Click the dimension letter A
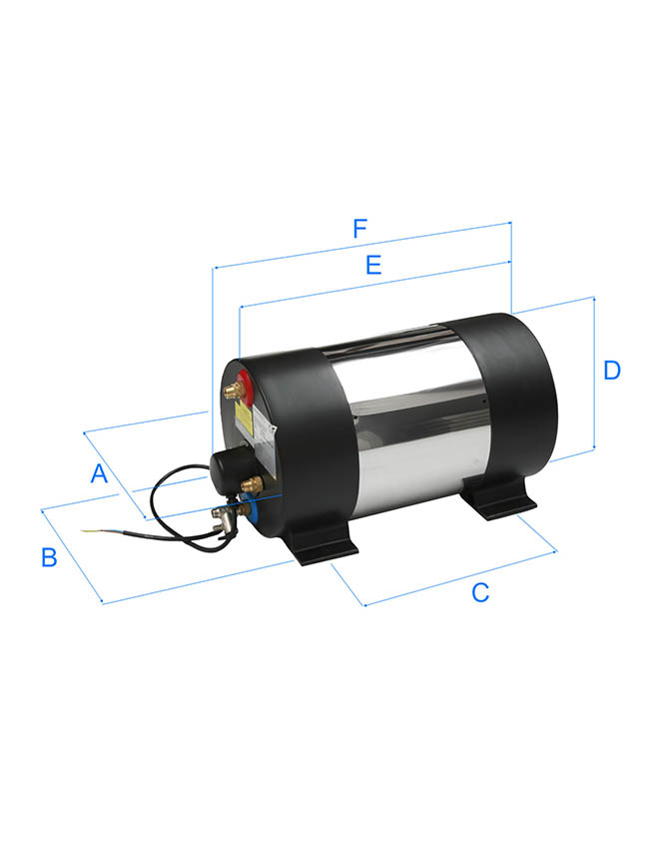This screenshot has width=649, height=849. click(99, 473)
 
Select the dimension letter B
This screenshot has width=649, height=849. click(49, 557)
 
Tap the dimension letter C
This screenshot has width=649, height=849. click(480, 592)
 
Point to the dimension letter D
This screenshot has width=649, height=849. click(612, 371)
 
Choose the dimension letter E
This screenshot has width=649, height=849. click(373, 265)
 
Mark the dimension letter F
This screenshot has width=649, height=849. click(359, 229)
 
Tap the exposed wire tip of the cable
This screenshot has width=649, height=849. click(90, 530)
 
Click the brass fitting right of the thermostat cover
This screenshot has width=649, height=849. click(253, 484)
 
